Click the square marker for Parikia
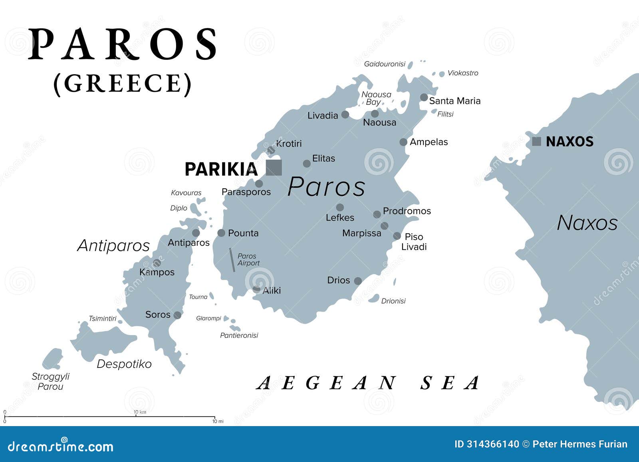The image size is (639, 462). click(274, 168)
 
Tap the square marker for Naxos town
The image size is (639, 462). click(537, 141)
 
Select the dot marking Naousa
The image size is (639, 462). click(375, 114)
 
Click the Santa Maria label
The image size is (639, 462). click(454, 101)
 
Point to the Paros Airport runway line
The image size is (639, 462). click(232, 260)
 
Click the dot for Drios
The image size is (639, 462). click(358, 281)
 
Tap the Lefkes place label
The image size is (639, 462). click(340, 218)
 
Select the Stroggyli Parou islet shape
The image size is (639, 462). click(53, 359)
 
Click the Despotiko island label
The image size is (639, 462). click(124, 364)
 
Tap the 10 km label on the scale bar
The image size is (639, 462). click(140, 412)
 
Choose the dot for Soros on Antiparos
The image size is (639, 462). click(177, 315)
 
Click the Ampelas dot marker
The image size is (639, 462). click(403, 142)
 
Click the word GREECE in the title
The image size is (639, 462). click(123, 83)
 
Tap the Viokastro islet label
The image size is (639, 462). click(462, 73)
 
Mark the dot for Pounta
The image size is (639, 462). click(221, 233)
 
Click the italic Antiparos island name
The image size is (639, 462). click(113, 245)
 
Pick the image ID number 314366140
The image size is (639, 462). click(492, 444)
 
